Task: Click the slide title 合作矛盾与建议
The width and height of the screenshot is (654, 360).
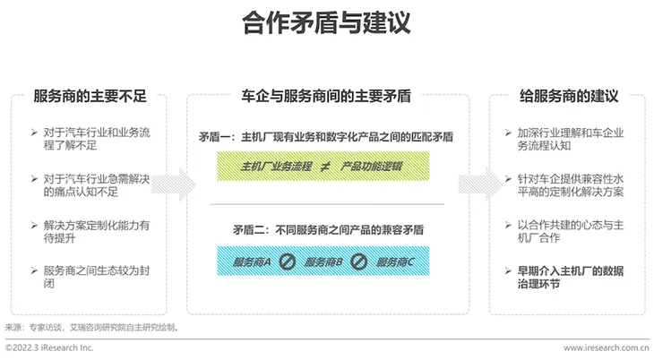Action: [326, 23]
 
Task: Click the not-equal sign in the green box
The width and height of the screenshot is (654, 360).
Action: [323, 167]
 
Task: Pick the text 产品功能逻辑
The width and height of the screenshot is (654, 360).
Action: [372, 167]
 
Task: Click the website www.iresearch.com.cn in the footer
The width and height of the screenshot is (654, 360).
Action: [606, 347]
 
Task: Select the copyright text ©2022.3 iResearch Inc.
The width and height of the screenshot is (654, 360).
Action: [49, 347]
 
